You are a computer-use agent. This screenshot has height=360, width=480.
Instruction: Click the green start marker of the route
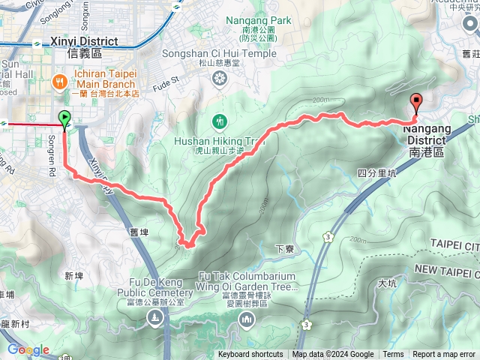(x=64, y=118)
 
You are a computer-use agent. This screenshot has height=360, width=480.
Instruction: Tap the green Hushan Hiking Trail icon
(x=220, y=120)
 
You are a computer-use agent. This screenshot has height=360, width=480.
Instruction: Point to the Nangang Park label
(x=250, y=21)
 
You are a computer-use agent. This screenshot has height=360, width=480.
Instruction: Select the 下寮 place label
(x=283, y=249)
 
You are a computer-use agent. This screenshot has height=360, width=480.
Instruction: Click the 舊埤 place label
(x=139, y=233)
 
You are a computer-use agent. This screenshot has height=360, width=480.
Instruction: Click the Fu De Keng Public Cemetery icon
(x=154, y=318)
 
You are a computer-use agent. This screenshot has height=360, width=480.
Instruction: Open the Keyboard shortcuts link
(x=250, y=355)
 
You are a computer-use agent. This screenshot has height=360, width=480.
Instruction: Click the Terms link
(x=393, y=355)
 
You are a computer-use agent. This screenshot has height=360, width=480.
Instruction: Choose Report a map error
(x=444, y=355)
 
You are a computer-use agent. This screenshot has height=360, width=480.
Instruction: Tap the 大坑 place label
(x=387, y=283)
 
